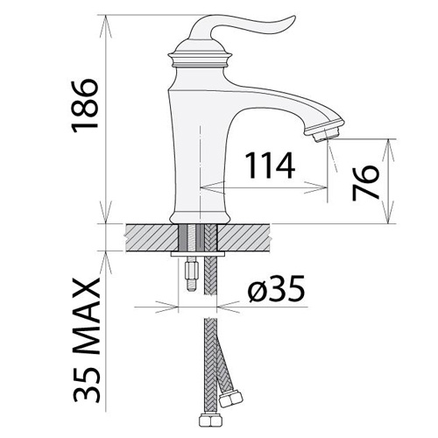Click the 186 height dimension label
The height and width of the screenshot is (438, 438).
(x=84, y=106)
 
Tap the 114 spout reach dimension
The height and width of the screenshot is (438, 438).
(x=269, y=166)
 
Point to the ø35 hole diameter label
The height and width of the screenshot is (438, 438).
(x=276, y=288)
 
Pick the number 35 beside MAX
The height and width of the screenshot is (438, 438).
(x=87, y=383)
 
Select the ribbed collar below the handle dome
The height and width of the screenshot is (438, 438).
(x=200, y=60)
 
